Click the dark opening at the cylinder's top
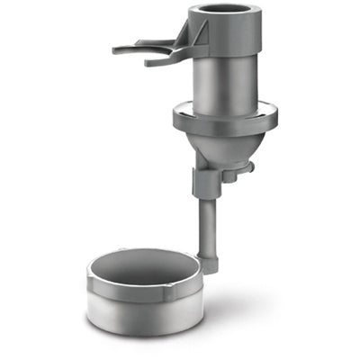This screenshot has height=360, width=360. (x=224, y=13)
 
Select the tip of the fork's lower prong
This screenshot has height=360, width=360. (x=149, y=62)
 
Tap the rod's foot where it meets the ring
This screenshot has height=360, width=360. (x=209, y=265)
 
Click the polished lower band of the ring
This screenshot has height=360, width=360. (x=144, y=319)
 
